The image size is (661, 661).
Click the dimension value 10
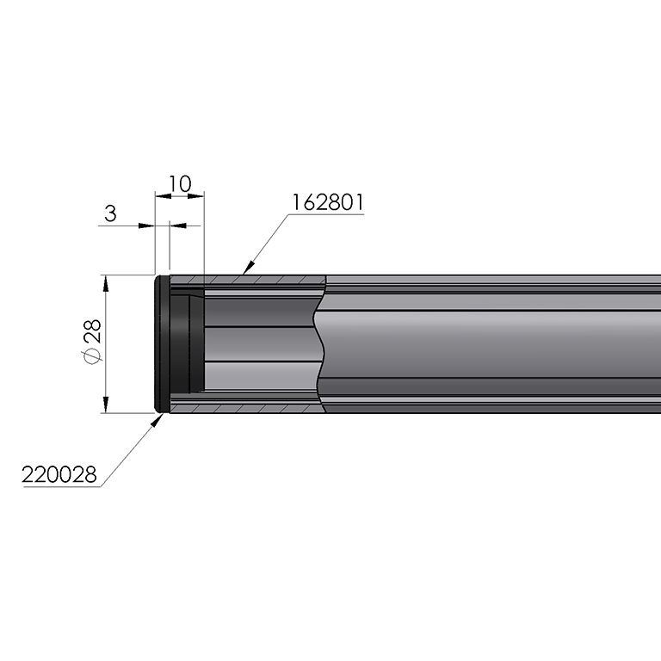click(x=180, y=184)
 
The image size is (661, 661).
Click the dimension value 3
click(x=110, y=213)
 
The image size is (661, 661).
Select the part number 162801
click(x=328, y=202)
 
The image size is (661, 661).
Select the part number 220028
click(x=59, y=475)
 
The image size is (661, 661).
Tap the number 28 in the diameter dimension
click(x=93, y=330)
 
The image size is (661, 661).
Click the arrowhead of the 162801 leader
click(x=249, y=268)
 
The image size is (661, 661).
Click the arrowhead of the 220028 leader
click(x=158, y=420)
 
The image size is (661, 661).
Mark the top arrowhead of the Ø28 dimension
click(x=106, y=284)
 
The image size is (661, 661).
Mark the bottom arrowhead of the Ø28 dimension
click(x=106, y=405)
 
